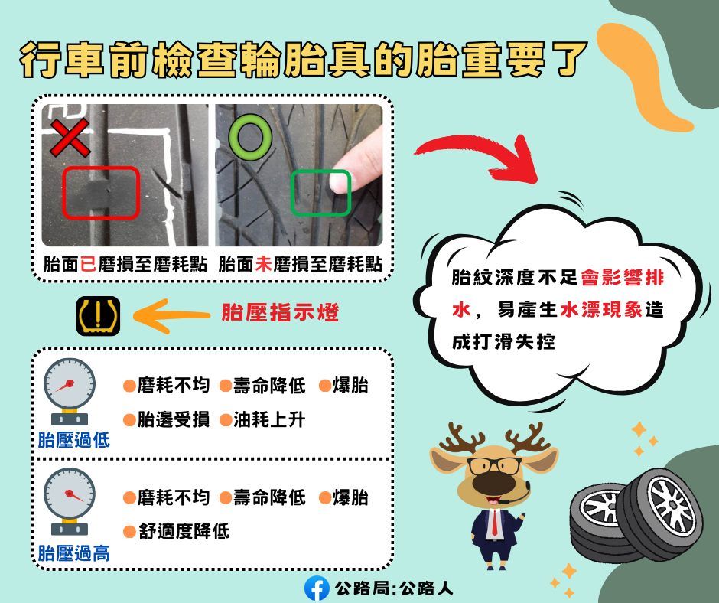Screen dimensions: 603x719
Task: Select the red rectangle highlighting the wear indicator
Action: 101,191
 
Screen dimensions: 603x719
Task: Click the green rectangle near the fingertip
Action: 321,193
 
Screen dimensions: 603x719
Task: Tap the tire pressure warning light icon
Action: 98,315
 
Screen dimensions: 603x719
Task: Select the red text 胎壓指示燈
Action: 279,314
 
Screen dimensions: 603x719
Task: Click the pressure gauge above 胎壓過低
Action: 70,390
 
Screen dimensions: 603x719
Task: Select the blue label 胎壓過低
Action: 73,440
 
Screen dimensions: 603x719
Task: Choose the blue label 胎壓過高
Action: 73,552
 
